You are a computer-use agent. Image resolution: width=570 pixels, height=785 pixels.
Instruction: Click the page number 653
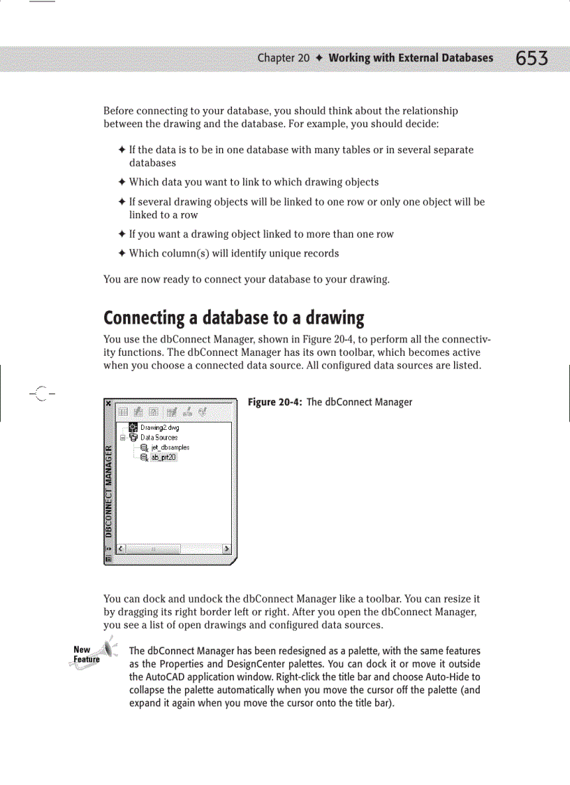tap(532, 58)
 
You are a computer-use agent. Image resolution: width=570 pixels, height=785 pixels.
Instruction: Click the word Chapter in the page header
tap(275, 58)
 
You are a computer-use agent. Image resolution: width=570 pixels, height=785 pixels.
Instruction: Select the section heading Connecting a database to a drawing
tap(234, 318)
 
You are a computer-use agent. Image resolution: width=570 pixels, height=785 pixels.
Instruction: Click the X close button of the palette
tap(108, 403)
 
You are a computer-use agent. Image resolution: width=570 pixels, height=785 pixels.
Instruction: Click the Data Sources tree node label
tap(159, 437)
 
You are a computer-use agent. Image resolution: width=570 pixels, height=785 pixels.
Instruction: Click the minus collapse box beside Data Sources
tap(122, 437)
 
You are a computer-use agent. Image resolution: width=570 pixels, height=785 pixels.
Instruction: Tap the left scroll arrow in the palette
tap(120, 549)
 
